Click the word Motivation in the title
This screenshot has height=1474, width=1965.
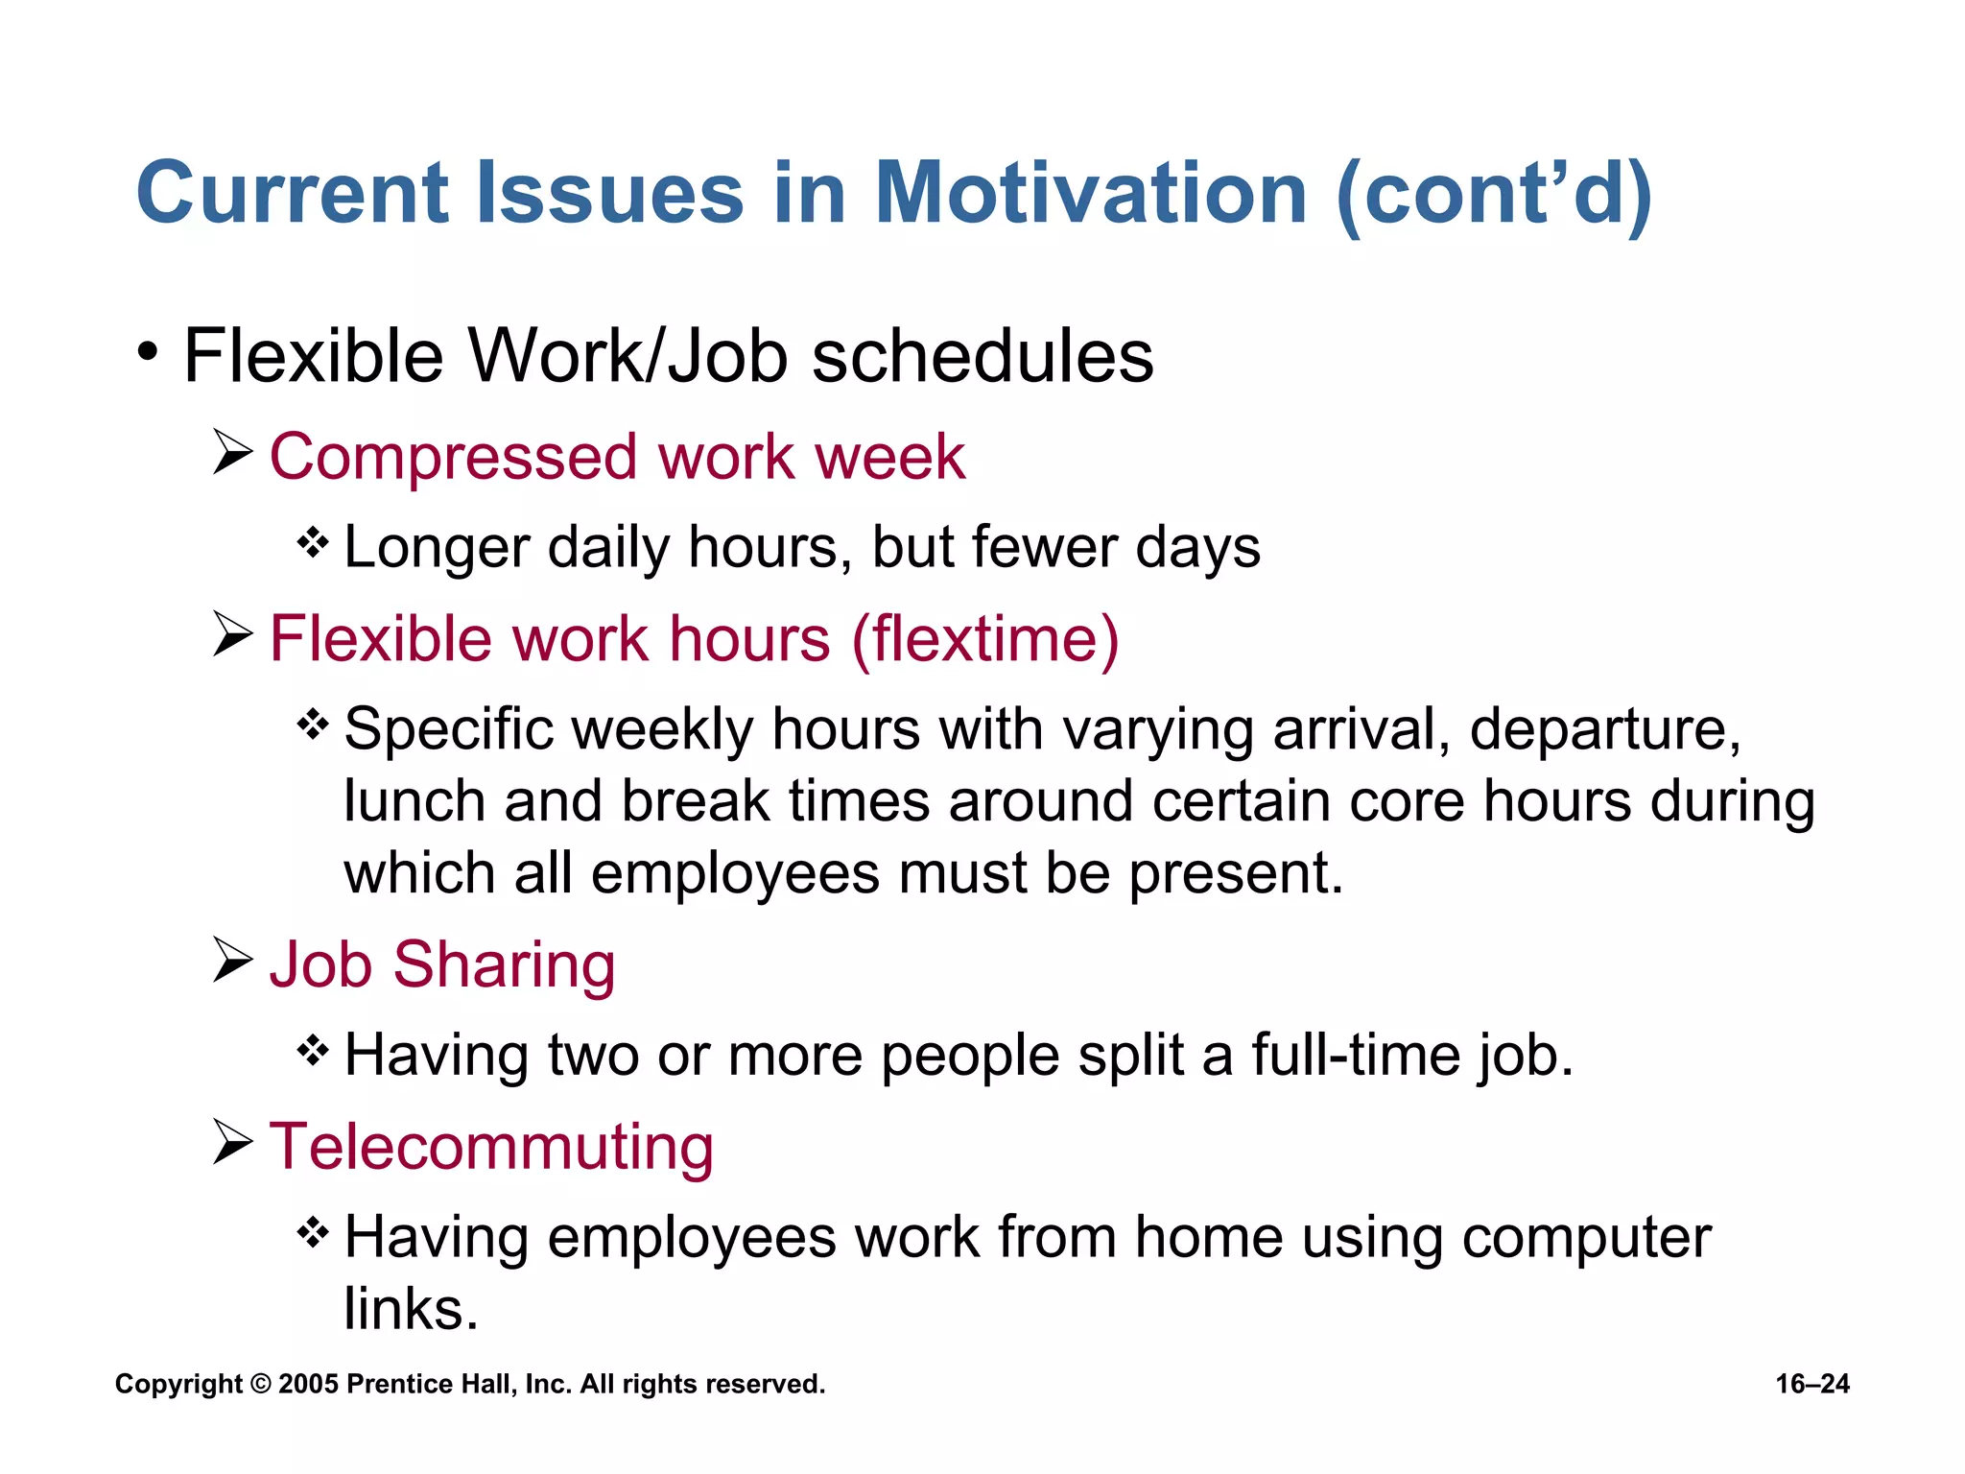1091,194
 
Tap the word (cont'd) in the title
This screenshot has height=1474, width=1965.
1493,196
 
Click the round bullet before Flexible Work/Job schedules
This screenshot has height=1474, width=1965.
147,351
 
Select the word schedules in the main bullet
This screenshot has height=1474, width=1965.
982,357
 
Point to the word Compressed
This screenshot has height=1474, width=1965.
453,459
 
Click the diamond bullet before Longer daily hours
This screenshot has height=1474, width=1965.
313,543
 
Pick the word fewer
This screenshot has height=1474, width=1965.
1044,547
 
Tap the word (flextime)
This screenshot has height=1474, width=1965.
985,640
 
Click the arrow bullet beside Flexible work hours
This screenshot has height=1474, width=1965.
232,634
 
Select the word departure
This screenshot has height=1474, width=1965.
1604,731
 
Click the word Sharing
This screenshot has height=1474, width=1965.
504,965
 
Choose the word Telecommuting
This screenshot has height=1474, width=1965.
491,1147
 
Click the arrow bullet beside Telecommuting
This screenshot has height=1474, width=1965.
232,1141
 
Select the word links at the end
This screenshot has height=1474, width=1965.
411,1309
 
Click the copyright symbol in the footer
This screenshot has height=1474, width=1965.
260,1384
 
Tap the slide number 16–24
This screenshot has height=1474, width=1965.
1811,1384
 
